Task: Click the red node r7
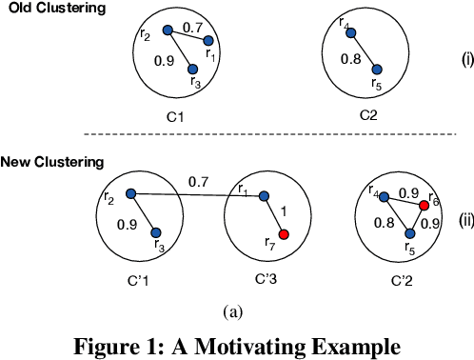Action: point(283,234)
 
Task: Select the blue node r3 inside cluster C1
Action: point(193,69)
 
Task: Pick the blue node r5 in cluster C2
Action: point(377,69)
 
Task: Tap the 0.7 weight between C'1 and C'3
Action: point(198,180)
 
